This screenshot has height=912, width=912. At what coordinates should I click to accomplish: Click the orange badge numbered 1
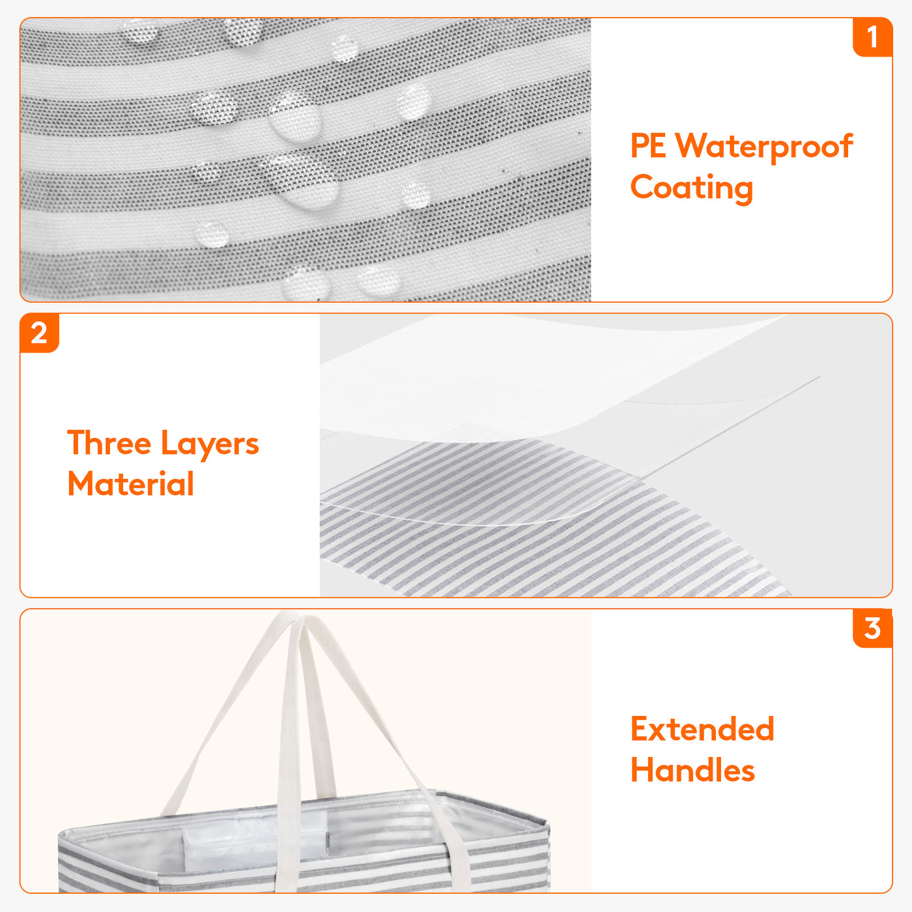point(872,37)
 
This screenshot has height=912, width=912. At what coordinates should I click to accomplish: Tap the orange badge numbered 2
point(39,333)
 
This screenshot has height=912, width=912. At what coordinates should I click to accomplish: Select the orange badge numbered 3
point(872,629)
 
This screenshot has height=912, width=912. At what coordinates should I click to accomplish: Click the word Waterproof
point(764,147)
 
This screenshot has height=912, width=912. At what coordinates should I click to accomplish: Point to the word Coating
point(691,188)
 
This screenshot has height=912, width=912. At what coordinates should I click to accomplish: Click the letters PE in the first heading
point(648,145)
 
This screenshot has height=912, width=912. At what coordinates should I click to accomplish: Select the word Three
point(109,444)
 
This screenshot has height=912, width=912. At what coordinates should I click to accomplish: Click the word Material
point(131,484)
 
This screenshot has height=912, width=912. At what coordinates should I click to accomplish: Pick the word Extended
point(702,728)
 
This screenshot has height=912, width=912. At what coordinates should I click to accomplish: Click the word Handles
point(692,770)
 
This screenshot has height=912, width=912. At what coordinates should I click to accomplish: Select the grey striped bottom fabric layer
point(520,535)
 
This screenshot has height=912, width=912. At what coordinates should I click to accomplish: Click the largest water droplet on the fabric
point(301,181)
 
